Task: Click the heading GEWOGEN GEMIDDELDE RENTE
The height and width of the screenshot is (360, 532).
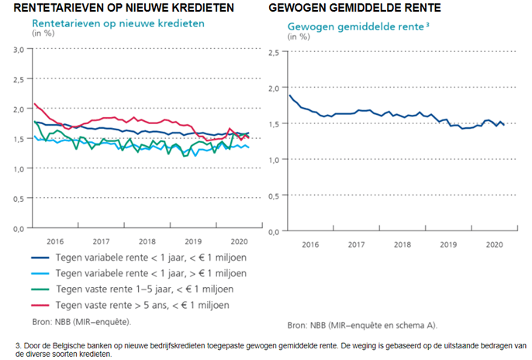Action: tap(355, 8)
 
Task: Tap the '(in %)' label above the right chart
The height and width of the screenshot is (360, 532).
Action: tap(299, 36)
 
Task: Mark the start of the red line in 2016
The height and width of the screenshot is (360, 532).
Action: tap(34, 104)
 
